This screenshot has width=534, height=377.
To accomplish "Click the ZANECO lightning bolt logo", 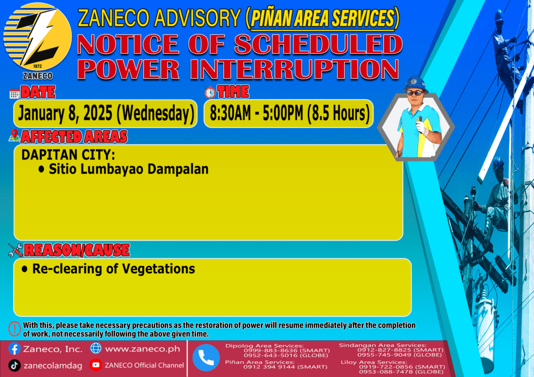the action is [38, 37].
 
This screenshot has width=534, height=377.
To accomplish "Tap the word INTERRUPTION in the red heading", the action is [295, 69].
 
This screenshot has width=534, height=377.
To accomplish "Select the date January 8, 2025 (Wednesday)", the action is [106, 113].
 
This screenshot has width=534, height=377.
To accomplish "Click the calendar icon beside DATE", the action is [14, 94].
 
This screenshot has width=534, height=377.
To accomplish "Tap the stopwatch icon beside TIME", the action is [210, 92].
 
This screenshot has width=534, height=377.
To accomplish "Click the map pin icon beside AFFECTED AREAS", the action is [14, 135].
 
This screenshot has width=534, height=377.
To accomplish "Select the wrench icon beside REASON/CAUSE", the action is [16, 250].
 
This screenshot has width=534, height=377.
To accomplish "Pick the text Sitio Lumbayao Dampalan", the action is [128, 169].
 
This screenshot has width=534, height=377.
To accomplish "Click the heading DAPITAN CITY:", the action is [68, 155].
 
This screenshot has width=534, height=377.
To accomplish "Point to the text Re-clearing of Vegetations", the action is [113, 269].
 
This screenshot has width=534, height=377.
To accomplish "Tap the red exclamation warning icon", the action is [14, 329].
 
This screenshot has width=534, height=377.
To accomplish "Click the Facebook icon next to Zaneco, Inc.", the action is [14, 349].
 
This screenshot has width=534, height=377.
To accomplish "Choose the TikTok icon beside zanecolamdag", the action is [14, 366].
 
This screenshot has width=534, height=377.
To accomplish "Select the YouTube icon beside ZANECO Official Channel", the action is [96, 365].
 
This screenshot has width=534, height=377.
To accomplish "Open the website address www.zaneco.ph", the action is [142, 349].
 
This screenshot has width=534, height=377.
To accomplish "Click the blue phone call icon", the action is [206, 358].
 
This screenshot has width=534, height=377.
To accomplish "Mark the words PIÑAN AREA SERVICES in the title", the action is [322, 19].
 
